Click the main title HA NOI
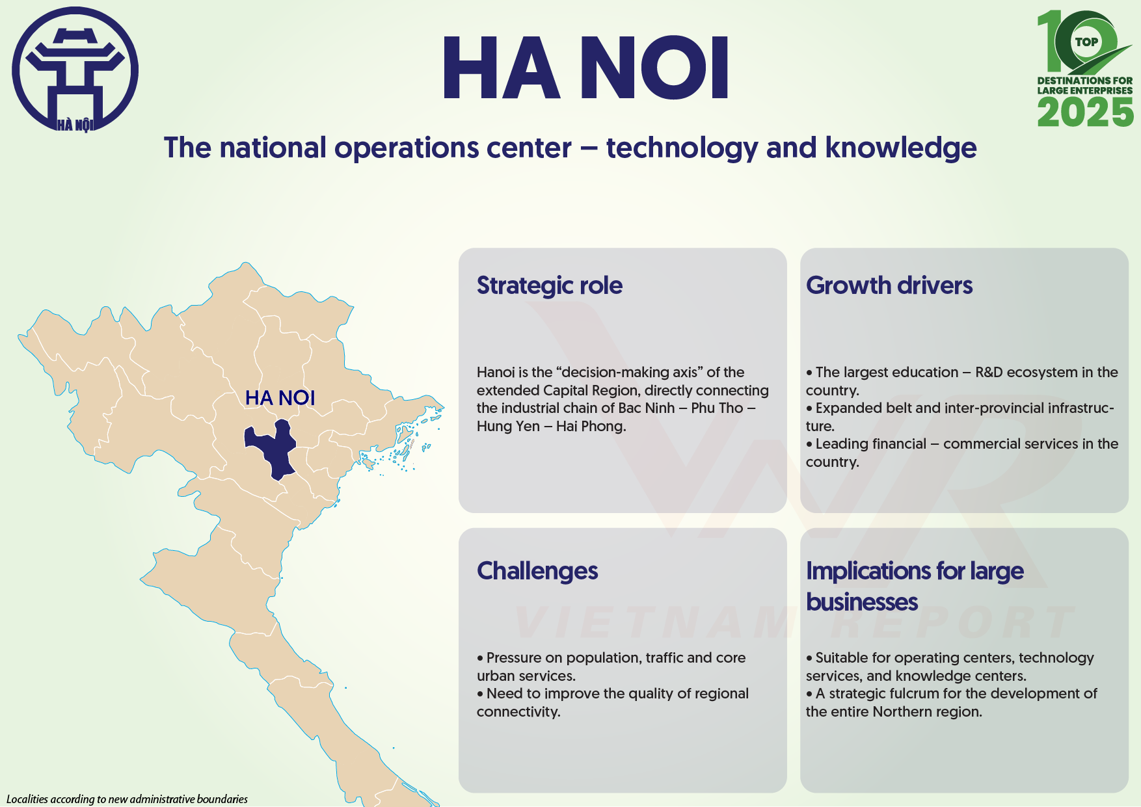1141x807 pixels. [585, 68]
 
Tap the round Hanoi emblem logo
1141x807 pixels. [75, 69]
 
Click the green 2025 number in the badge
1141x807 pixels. [1085, 112]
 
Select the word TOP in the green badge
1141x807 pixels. [1086, 42]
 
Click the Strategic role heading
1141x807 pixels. [550, 285]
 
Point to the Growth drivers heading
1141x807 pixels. [889, 285]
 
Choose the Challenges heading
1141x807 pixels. [537, 571]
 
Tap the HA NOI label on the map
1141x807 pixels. [280, 398]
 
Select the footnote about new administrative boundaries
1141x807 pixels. [127, 799]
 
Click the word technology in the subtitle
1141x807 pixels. [682, 148]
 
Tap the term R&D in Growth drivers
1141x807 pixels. [993, 373]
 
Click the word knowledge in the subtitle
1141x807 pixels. [901, 148]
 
